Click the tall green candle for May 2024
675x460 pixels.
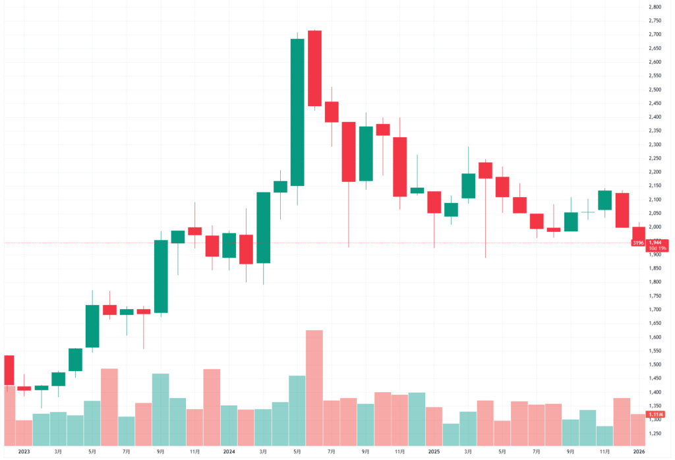[x=297, y=112]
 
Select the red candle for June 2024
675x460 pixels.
[x=314, y=68]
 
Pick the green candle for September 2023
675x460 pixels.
[x=161, y=275]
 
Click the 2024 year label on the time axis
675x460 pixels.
[x=229, y=452]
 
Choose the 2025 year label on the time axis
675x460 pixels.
[x=434, y=452]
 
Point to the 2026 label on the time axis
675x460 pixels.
[x=639, y=452]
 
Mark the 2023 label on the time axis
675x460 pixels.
[x=24, y=452]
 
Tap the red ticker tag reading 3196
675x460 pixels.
[x=638, y=243]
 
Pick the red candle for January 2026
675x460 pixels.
[x=639, y=235]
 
